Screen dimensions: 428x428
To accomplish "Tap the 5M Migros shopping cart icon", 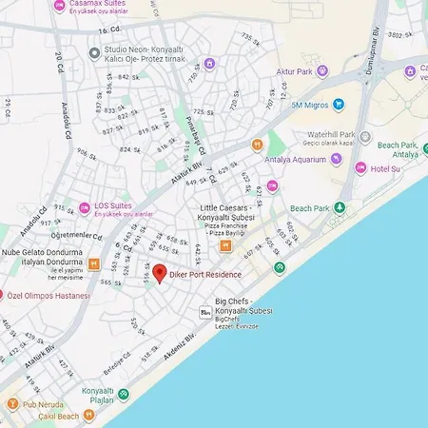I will tap(339, 105).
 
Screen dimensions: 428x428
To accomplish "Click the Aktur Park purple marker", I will tap(322, 71).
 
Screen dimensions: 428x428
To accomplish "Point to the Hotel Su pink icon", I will tap(360, 168).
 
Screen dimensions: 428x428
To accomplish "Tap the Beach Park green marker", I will tap(341, 207).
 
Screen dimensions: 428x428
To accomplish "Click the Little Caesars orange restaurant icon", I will tap(226, 246).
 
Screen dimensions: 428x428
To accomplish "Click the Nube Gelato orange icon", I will tap(93, 263).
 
